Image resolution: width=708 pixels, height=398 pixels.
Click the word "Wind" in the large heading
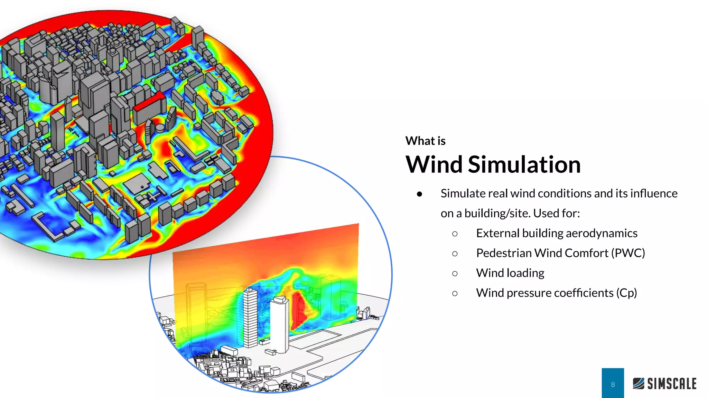coord(434,164)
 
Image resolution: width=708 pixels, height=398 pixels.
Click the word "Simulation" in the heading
coord(524,164)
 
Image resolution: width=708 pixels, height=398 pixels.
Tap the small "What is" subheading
coord(425,141)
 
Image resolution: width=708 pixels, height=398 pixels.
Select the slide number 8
coord(613,384)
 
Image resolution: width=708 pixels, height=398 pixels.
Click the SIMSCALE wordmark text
coord(672,384)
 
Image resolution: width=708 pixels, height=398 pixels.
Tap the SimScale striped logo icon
coord(639,383)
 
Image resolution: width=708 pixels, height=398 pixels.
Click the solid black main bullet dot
coord(419,194)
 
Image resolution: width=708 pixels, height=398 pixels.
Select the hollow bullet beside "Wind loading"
coord(455,274)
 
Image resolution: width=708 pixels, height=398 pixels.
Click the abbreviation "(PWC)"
coord(628,253)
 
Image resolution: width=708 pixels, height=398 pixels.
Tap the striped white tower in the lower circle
coord(250,316)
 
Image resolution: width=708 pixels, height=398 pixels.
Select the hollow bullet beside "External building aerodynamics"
coord(455,234)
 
